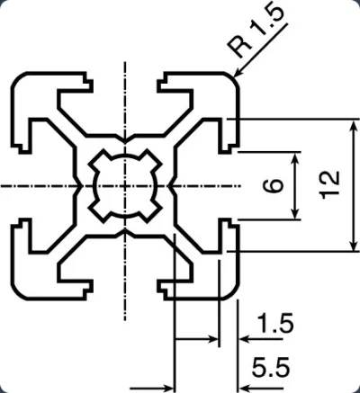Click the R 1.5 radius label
pos(255,31)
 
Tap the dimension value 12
pos(330,185)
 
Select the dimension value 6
pos(273,185)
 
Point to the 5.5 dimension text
pos(271,367)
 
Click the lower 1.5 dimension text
pos(275,323)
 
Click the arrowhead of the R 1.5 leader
pos(238,72)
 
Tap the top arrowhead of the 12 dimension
pos(355,125)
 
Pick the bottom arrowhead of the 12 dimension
pos(355,245)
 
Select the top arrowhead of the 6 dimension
pos(295,158)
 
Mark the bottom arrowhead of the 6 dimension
pos(295,213)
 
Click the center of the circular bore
pos(125,186)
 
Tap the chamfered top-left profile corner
pos(18,79)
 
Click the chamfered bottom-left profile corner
pos(18,292)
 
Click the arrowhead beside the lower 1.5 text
pos(246,340)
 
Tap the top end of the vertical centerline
pos(125,62)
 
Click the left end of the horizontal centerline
pos(1,186)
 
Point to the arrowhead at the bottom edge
pos(167,388)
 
